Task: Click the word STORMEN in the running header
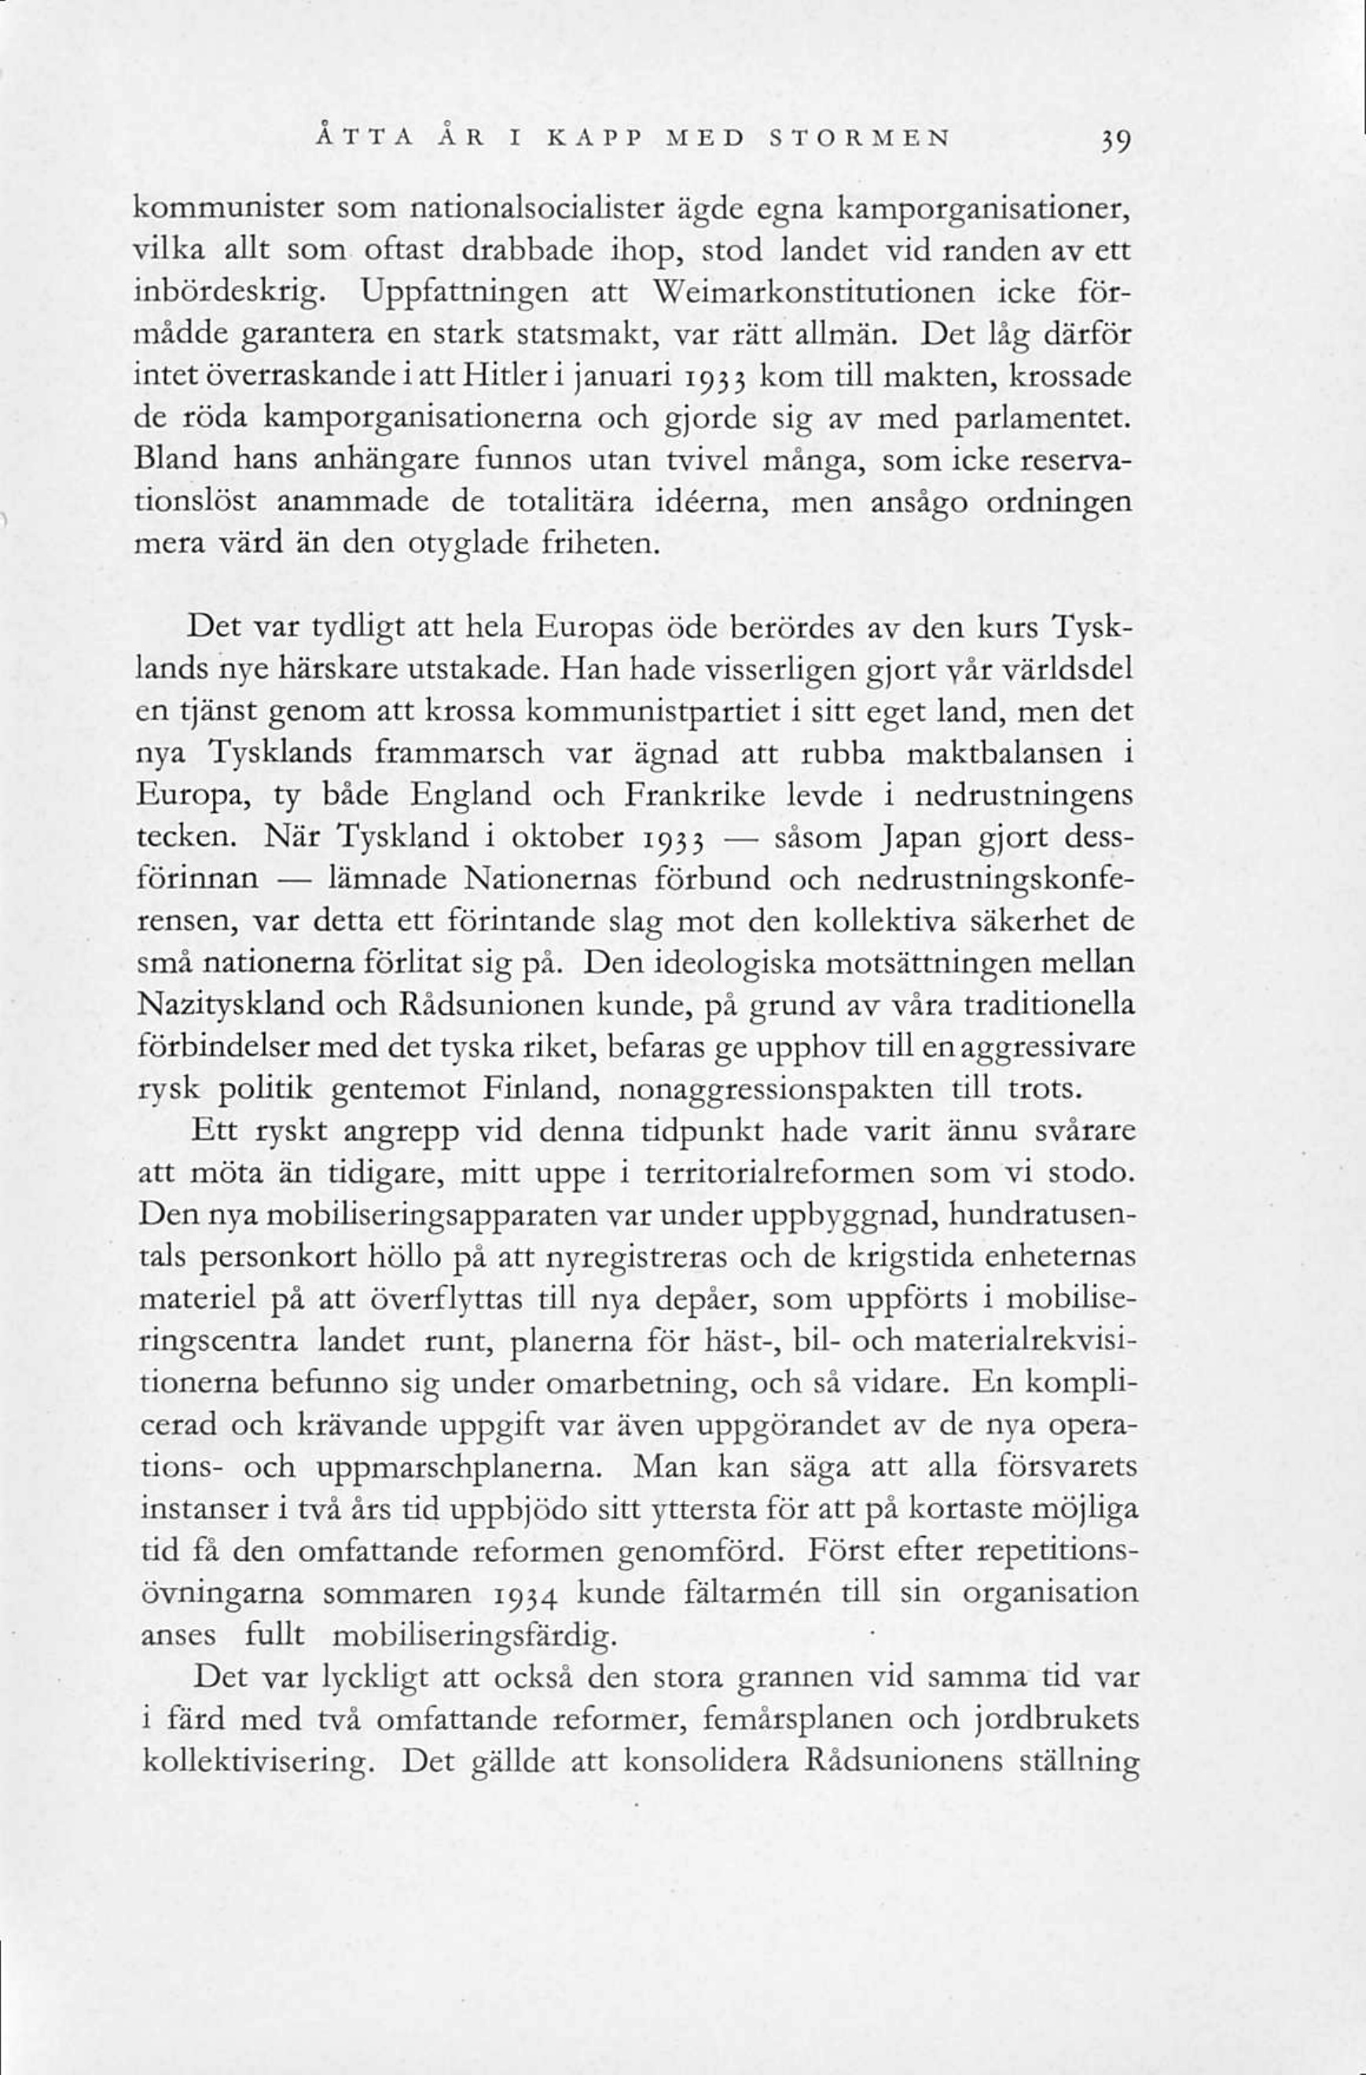(859, 139)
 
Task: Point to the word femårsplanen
(795, 1721)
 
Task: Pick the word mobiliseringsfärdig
(472, 1638)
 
